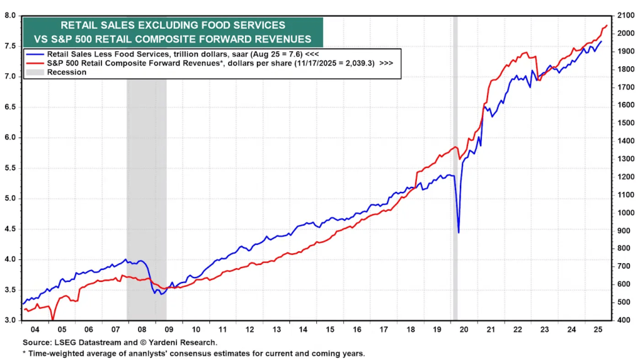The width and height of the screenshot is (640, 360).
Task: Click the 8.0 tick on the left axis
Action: (x=10, y=16)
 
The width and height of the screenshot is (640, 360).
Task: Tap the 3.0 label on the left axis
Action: (x=10, y=321)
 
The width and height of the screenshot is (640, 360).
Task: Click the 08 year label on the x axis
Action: (x=142, y=329)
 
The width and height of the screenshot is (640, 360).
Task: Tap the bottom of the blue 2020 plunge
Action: (x=459, y=233)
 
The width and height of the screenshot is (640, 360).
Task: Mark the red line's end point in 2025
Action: (x=607, y=26)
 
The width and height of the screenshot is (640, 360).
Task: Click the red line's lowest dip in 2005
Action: (x=53, y=319)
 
